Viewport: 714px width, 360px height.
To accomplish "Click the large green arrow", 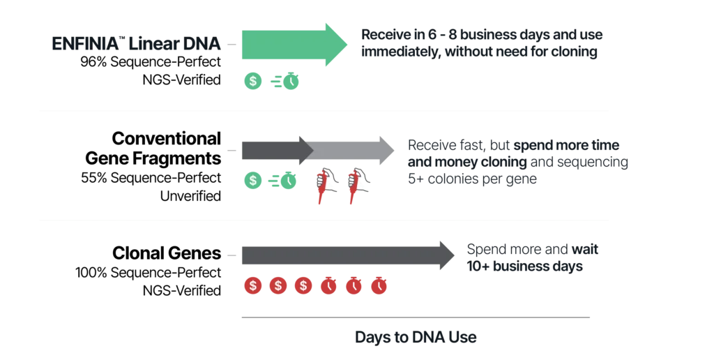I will tap(293, 45).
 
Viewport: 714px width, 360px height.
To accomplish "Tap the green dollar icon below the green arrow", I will tap(252, 81).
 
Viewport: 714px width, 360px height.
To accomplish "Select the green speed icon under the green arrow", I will tap(286, 82).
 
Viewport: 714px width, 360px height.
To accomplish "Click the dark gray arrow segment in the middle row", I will tap(272, 150).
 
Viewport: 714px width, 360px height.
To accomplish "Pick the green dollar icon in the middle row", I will tap(252, 180).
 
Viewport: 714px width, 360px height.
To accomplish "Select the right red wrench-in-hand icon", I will tap(358, 184).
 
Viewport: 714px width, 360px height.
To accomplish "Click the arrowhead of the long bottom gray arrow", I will tap(446, 256).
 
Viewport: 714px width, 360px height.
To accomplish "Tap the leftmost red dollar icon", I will tap(253, 285).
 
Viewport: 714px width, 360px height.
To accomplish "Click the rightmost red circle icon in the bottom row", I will tap(379, 285).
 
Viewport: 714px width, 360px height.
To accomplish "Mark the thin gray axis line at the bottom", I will tap(415, 315).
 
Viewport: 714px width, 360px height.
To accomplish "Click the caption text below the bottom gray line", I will tap(415, 338).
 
